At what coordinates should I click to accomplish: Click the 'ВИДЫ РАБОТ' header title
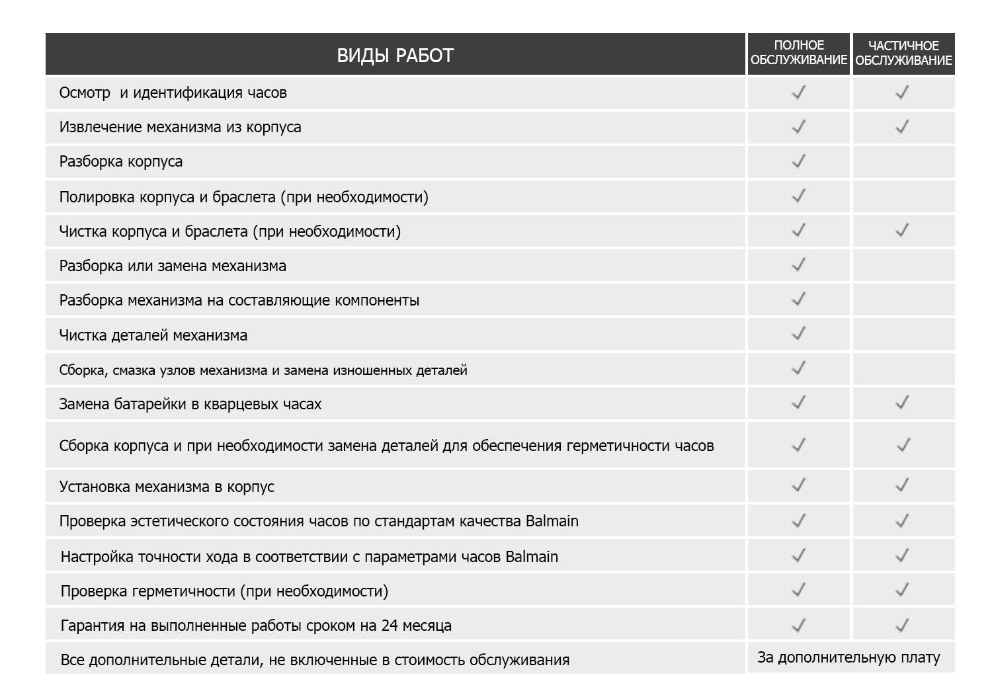pos(395,56)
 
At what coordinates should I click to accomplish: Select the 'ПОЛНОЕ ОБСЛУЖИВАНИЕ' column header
pos(799,53)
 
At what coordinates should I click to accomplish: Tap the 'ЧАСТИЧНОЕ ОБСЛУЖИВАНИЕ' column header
pos(903,53)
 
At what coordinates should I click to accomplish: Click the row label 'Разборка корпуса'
pos(121,162)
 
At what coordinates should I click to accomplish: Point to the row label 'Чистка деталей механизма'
pos(153,335)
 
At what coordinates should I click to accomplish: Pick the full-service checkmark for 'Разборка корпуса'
pos(799,161)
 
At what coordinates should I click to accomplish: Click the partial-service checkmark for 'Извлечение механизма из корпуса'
pos(902,126)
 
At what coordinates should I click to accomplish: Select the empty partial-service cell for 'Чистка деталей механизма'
pos(903,335)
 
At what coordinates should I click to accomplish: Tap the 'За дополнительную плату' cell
pos(848,658)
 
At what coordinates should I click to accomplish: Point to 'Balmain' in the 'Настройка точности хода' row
pos(532,557)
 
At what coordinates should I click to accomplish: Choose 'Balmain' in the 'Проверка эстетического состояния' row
pos(552,521)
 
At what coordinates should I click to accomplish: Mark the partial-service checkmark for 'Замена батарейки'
pos(902,403)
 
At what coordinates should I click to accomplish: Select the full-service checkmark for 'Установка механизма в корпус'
pos(799,486)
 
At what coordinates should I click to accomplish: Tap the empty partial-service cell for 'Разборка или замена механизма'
pos(903,266)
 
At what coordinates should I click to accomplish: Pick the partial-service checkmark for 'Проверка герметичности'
pos(902,590)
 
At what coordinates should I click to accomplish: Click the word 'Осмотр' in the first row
pos(85,93)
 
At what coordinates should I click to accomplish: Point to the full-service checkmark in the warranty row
pos(799,625)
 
